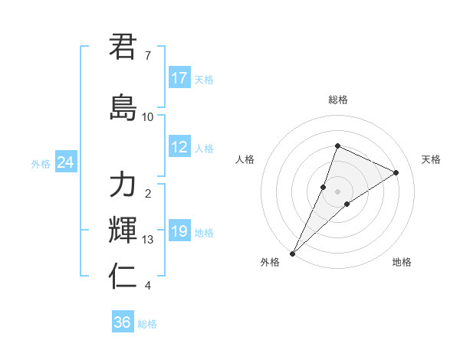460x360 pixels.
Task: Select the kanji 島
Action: tap(123, 107)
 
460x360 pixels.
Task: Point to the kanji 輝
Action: tap(123, 230)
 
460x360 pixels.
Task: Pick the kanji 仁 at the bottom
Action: tap(123, 276)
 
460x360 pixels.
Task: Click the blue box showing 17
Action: tap(179, 78)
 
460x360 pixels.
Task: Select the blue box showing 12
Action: tap(179, 148)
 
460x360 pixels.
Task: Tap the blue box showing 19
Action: tap(179, 231)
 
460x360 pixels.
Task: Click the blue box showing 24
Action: tap(66, 162)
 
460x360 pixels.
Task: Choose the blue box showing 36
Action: tap(123, 322)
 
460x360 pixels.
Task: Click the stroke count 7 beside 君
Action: tap(147, 56)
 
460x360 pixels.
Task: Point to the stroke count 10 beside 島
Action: tap(147, 116)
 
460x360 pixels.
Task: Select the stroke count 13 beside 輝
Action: tap(147, 240)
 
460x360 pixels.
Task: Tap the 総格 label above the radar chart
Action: tap(337, 100)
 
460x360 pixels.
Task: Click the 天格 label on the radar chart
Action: tap(432, 159)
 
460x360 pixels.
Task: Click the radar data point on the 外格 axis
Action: tap(293, 253)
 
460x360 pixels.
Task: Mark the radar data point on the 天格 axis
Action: tap(396, 172)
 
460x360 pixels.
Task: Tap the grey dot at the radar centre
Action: tap(337, 191)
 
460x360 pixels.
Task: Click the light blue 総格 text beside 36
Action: tap(148, 324)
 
